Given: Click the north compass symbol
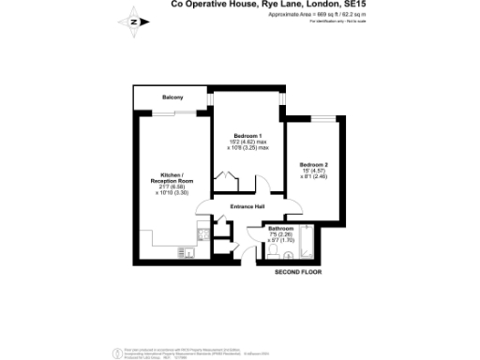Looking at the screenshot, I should [134, 20].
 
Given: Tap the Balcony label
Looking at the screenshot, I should [171, 97].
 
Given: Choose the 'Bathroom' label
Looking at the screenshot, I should [281, 228].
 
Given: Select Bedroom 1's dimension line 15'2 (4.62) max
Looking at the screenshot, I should [250, 142].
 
